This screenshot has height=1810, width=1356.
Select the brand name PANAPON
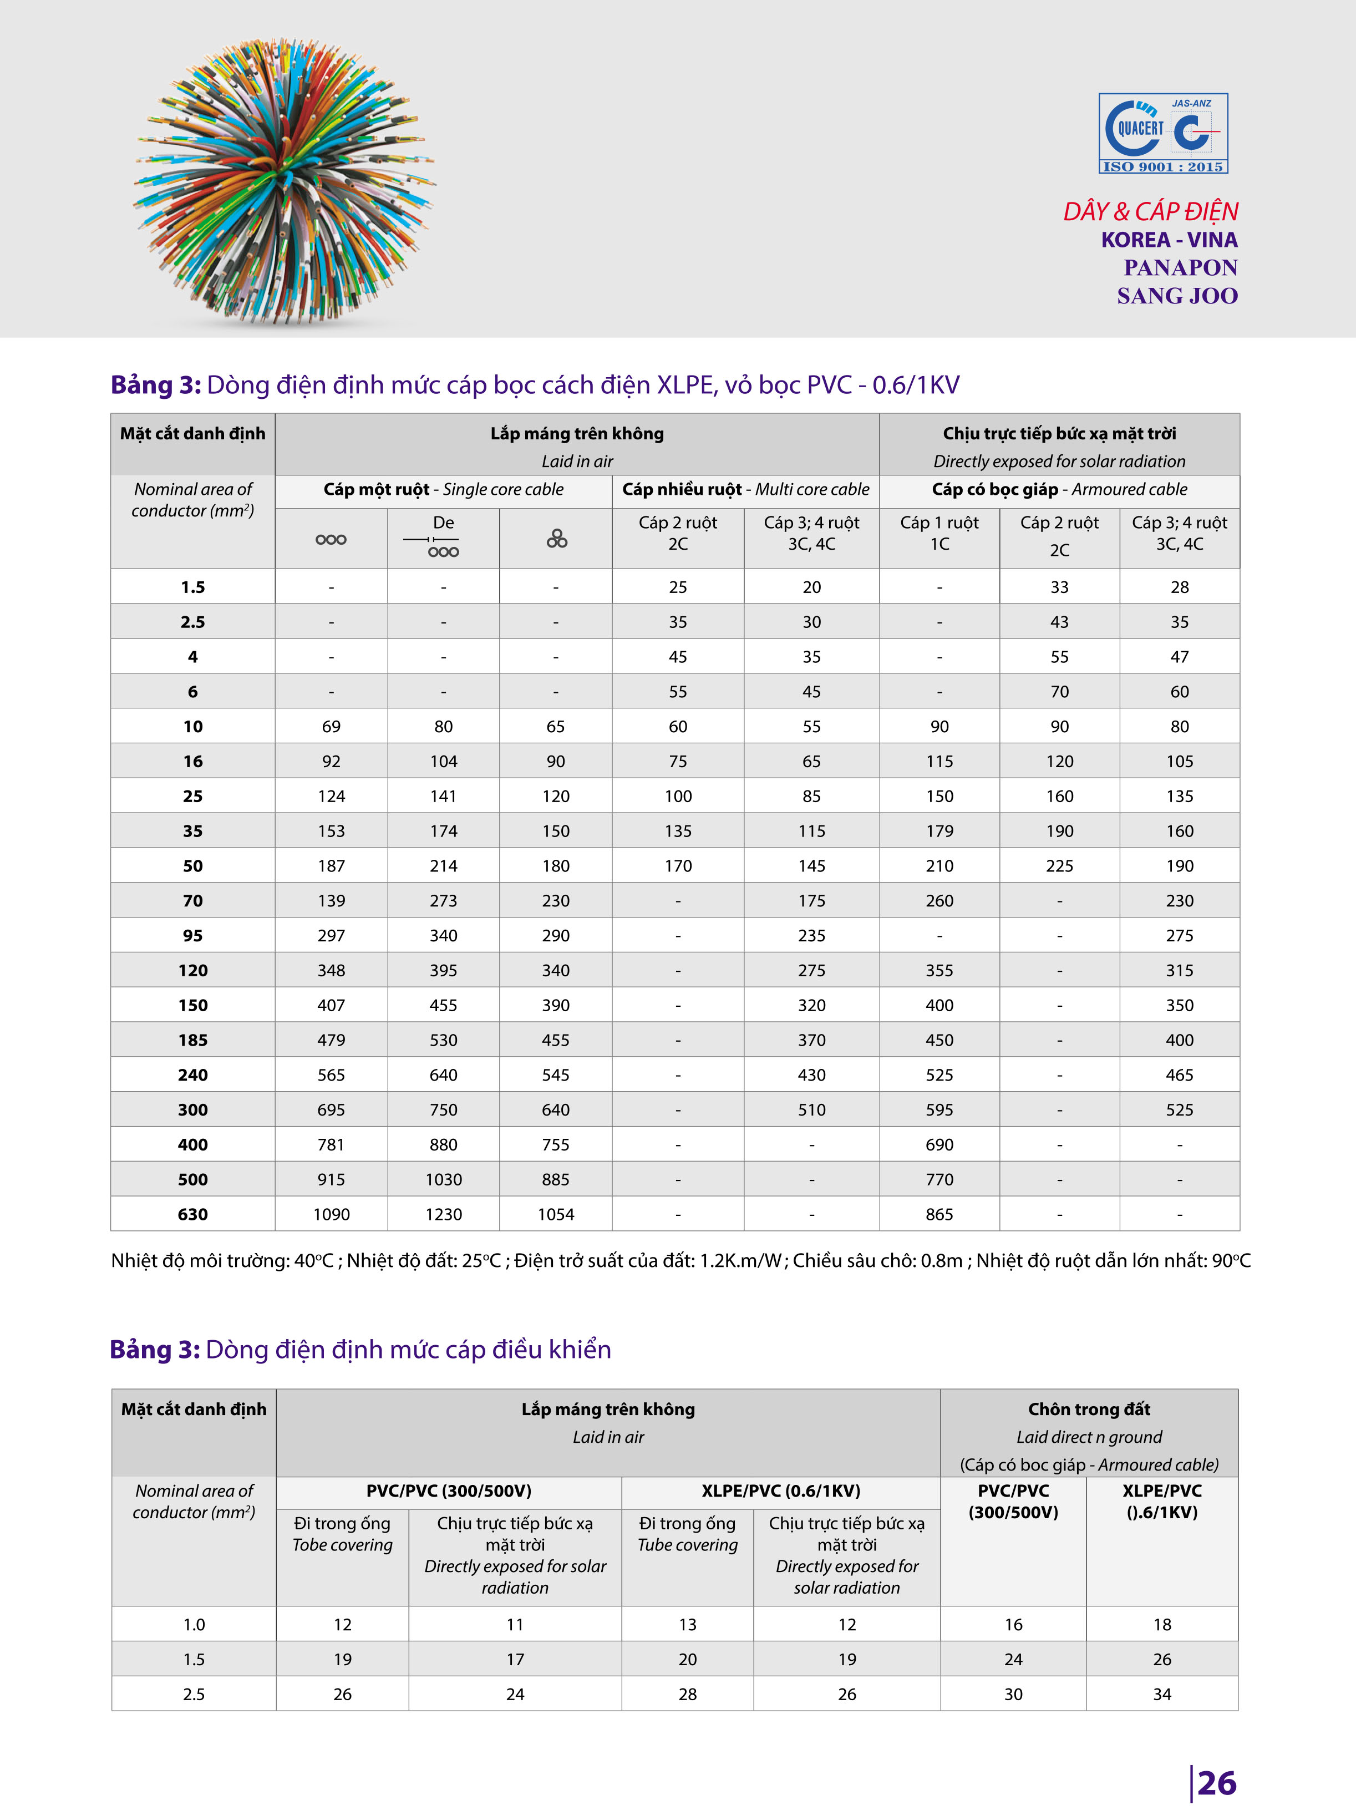click(x=1180, y=267)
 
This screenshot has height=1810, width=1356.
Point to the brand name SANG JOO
click(x=1177, y=296)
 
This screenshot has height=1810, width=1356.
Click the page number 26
click(x=1216, y=1783)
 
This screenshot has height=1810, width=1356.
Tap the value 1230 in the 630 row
click(x=444, y=1214)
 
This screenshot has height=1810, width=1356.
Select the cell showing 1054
click(x=556, y=1214)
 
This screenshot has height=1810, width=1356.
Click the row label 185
click(x=193, y=1040)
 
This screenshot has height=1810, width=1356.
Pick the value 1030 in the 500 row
click(x=444, y=1179)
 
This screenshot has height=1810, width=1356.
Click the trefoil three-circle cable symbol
click(x=556, y=539)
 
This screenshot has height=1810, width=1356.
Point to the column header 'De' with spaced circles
click(x=444, y=536)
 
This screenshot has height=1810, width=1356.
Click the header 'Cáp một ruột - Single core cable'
click(x=444, y=489)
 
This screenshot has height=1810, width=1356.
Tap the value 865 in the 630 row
click(x=939, y=1214)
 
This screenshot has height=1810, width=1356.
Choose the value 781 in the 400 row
click(x=332, y=1145)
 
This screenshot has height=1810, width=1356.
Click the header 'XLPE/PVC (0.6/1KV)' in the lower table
click(x=781, y=1491)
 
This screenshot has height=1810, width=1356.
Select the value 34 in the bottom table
click(x=1162, y=1694)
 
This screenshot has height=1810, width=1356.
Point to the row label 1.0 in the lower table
click(x=194, y=1624)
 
